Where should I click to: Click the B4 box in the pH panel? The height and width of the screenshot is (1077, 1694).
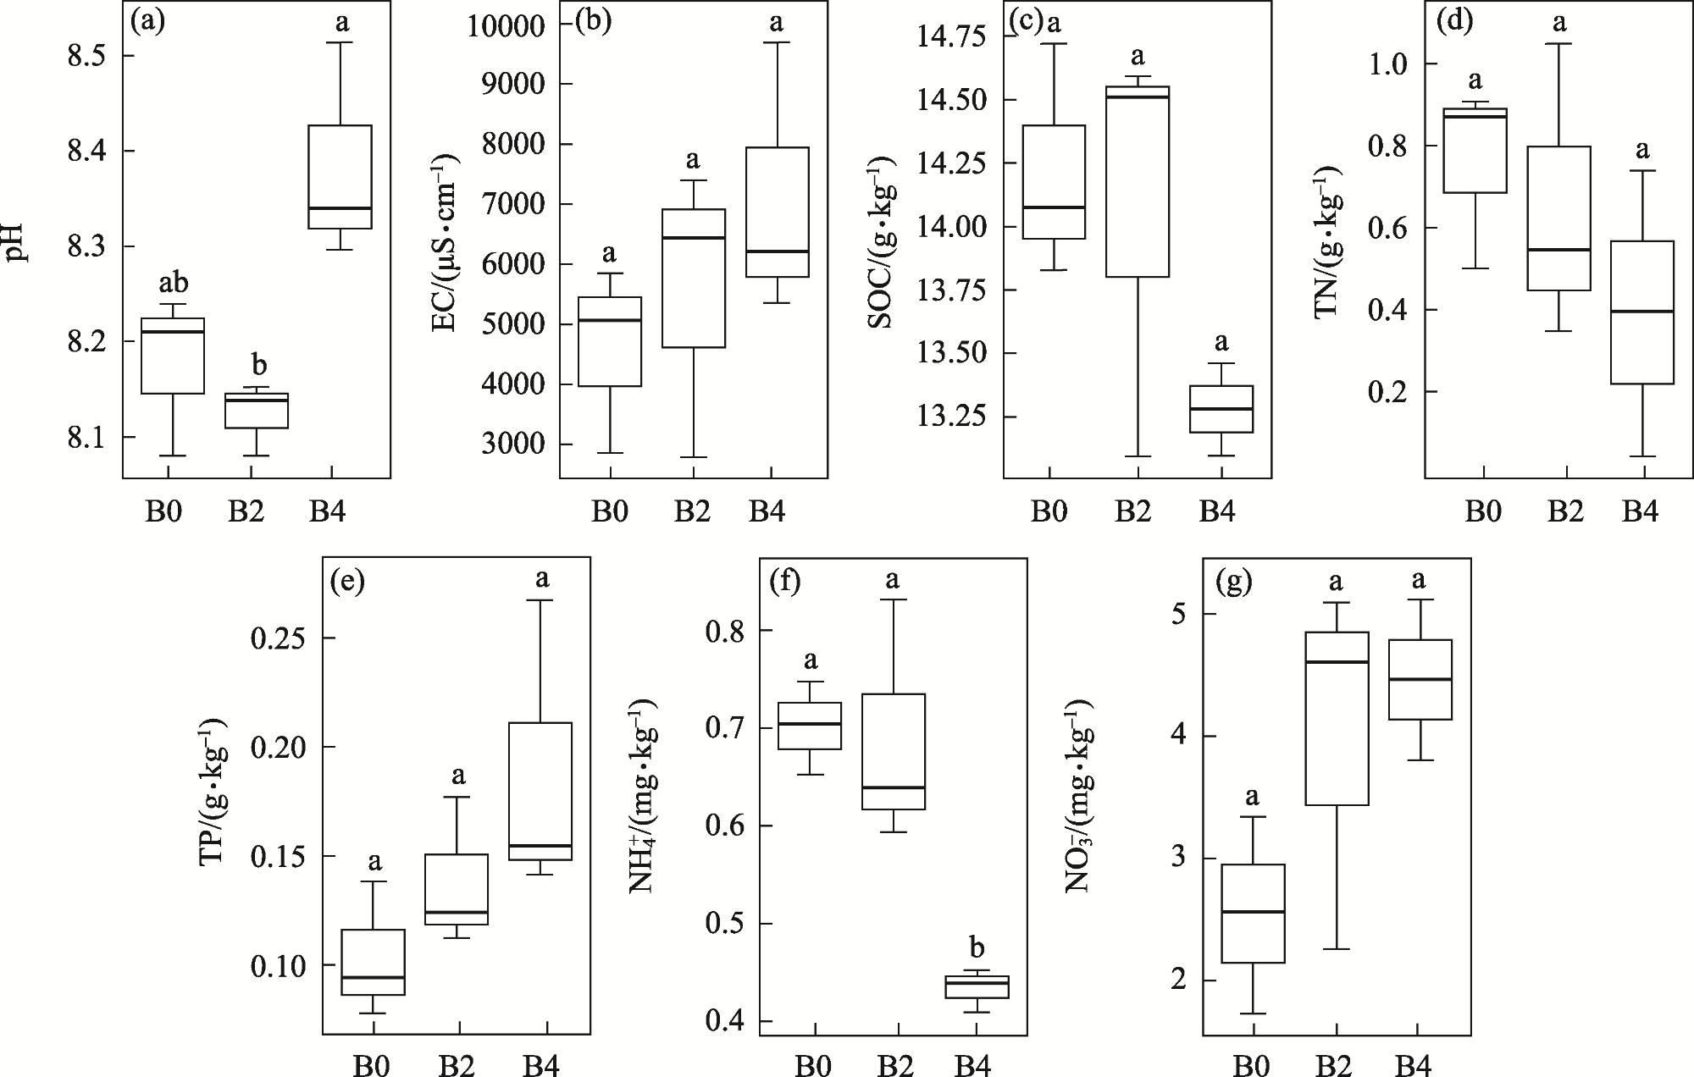(340, 177)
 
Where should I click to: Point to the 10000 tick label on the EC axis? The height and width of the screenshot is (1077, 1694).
(507, 25)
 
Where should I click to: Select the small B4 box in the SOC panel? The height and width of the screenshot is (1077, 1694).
(1221, 409)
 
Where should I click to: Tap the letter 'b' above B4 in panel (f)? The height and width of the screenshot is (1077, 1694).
(977, 947)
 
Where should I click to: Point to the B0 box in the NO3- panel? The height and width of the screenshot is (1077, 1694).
(1253, 914)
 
